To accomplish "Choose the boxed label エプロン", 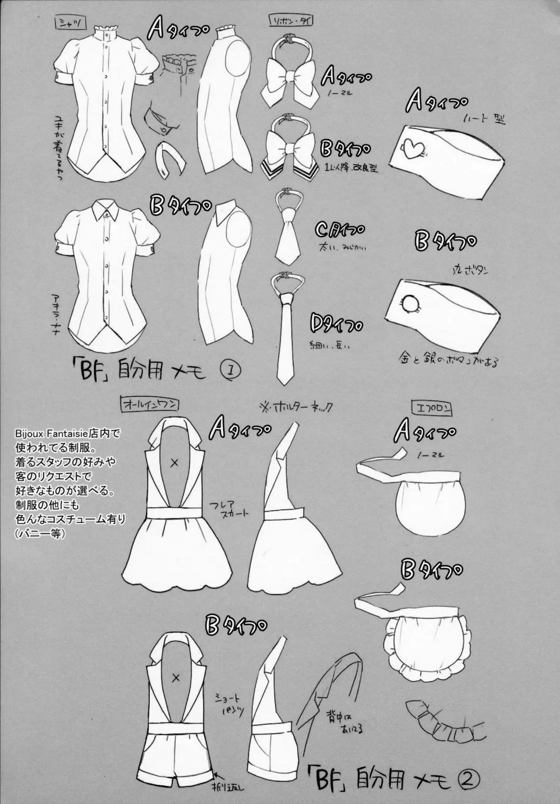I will click(x=438, y=408).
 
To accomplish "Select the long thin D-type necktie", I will click(x=285, y=332).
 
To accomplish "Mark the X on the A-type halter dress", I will click(x=175, y=463).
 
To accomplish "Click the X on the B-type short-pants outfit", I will click(x=175, y=677).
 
